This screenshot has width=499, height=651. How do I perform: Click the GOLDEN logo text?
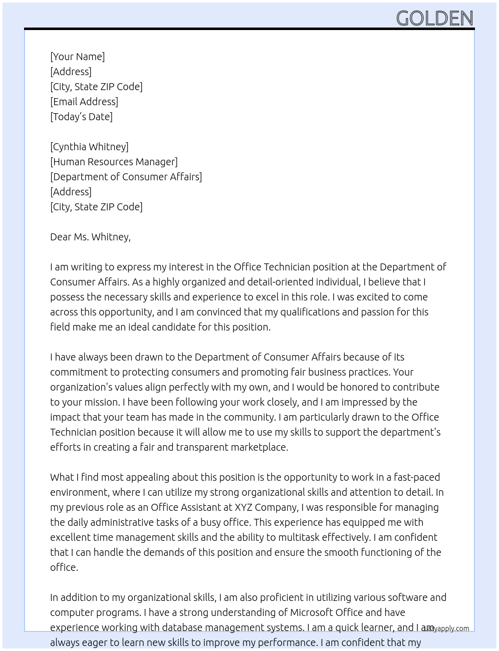[x=434, y=19]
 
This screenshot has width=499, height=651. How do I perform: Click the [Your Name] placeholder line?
[x=77, y=57]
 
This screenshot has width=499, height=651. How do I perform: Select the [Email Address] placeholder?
[x=84, y=102]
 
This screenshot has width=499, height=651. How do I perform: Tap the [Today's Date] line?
[x=81, y=117]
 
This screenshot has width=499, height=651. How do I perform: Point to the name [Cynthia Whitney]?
[x=89, y=147]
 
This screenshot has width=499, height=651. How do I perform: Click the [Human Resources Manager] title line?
[x=114, y=162]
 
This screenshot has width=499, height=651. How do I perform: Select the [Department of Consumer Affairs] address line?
[x=126, y=177]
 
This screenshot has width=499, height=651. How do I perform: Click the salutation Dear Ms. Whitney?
[x=90, y=237]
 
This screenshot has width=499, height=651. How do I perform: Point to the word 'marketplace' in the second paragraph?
[x=259, y=447]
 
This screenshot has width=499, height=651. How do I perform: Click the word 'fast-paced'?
[x=417, y=477]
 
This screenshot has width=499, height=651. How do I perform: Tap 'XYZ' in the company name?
[x=243, y=507]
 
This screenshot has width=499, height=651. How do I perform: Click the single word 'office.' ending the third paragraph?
[x=64, y=567]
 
